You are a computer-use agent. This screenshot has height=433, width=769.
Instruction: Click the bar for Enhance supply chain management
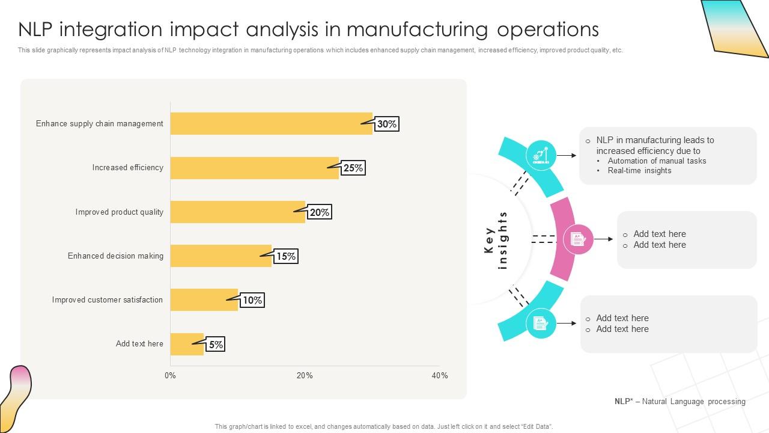tap(270, 123)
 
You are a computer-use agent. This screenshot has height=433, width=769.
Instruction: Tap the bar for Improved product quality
tap(237, 212)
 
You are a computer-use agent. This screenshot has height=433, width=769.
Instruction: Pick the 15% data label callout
tap(286, 256)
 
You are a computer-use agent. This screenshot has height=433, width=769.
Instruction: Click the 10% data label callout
tap(252, 300)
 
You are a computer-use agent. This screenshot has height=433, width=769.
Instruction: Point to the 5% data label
tap(216, 345)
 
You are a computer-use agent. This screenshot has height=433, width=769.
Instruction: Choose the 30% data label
tap(387, 124)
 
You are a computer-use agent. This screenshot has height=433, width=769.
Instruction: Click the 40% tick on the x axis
tap(440, 375)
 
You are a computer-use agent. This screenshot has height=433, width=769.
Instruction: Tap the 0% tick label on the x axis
tap(170, 375)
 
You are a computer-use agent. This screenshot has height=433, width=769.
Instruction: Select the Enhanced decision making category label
tap(115, 256)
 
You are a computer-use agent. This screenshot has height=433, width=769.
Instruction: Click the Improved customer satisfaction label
tap(107, 299)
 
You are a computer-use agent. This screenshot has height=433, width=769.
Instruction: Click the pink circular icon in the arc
tap(579, 239)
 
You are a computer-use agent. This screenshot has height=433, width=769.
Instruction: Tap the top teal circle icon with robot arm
tap(541, 155)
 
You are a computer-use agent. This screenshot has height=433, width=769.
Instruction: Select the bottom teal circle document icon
tap(541, 324)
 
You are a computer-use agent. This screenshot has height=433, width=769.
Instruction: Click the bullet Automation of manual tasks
tap(657, 161)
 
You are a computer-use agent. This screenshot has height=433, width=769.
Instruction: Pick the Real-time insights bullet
tap(639, 170)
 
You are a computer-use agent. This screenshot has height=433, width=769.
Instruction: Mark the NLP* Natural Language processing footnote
tap(679, 401)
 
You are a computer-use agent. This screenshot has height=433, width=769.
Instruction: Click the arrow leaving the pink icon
tap(604, 239)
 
